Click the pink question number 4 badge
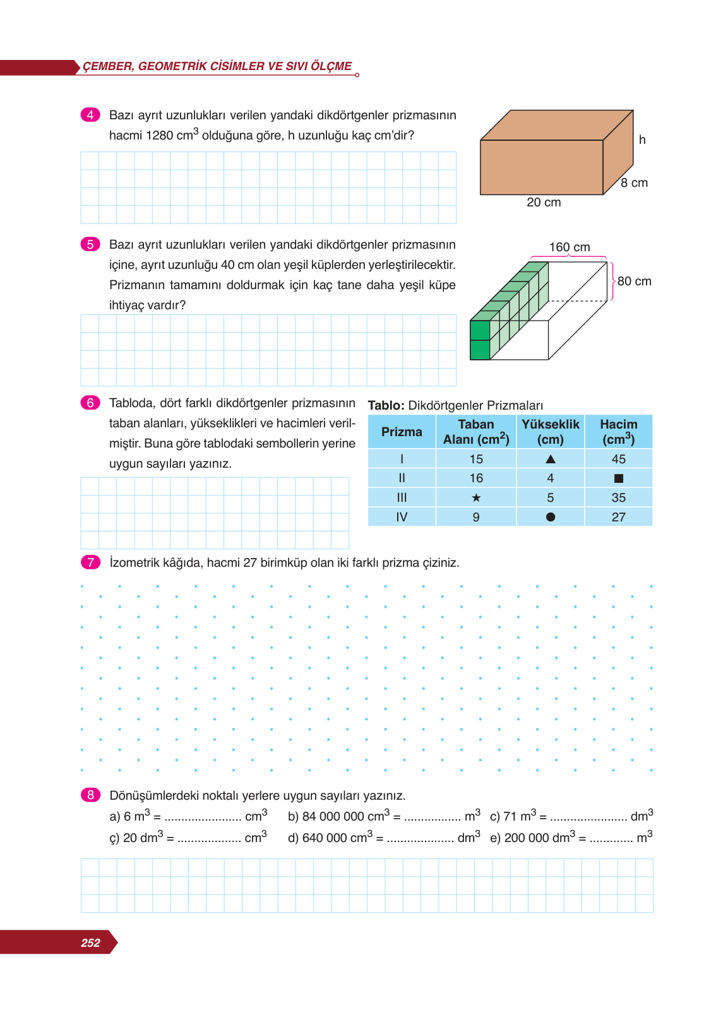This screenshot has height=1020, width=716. click(90, 115)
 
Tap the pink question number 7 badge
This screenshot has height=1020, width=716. click(90, 562)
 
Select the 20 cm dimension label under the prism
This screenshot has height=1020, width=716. click(544, 203)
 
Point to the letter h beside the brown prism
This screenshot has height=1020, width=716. click(642, 140)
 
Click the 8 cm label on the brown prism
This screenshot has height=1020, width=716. click(634, 183)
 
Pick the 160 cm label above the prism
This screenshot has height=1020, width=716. click(570, 247)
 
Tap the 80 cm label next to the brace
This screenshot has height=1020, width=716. click(634, 282)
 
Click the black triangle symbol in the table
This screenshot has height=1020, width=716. click(551, 460)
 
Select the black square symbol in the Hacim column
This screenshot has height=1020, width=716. click(618, 478)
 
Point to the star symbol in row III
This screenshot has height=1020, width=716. click(476, 498)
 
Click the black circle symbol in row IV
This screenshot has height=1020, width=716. click(551, 517)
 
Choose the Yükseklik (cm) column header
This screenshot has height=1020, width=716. click(551, 432)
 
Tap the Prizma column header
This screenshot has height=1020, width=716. click(402, 432)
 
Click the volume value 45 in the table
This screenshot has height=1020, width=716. click(618, 460)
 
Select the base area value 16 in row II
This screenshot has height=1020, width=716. click(476, 478)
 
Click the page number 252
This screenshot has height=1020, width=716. click(90, 943)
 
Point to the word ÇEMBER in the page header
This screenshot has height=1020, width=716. click(107, 66)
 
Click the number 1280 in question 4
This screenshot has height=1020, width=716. click(160, 136)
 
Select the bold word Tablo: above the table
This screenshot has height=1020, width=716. click(386, 406)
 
